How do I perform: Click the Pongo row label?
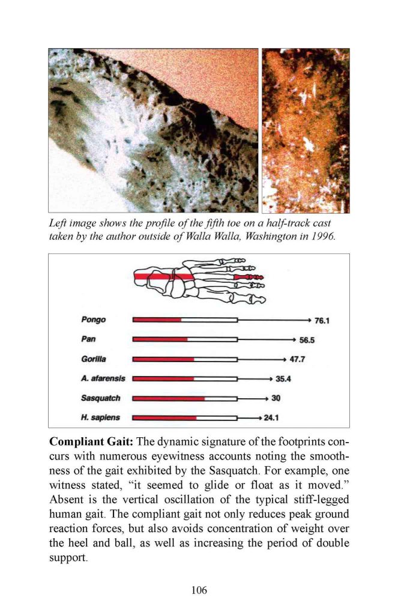click(x=93, y=320)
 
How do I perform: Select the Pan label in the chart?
click(x=88, y=339)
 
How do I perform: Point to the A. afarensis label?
click(x=103, y=378)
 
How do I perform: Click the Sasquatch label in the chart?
click(x=100, y=398)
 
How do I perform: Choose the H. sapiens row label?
click(x=100, y=417)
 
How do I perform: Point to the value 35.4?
click(x=283, y=379)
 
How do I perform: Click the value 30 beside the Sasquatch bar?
click(x=276, y=398)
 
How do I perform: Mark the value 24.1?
click(x=273, y=417)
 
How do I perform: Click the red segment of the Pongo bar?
click(x=157, y=320)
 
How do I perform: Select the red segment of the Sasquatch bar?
click(x=168, y=398)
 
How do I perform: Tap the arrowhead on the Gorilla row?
click(x=282, y=359)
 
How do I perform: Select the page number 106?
click(x=199, y=590)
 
